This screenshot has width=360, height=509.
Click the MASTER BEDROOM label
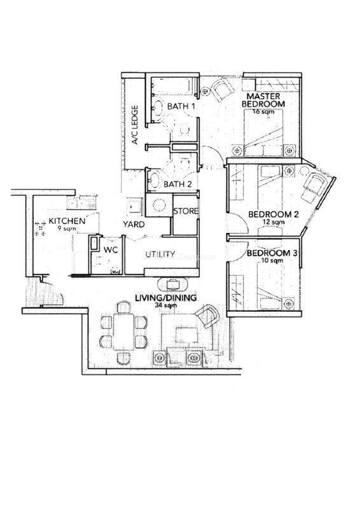(263, 101)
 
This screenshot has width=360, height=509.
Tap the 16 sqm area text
(263, 112)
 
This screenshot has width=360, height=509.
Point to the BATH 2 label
(178, 185)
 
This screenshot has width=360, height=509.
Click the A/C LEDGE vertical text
(135, 125)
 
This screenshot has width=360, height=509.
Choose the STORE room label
(186, 211)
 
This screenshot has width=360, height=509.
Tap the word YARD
(134, 225)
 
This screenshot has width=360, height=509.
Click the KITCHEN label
(67, 221)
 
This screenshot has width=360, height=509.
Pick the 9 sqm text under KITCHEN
(67, 228)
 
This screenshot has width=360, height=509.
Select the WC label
(111, 250)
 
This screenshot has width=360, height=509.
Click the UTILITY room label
(160, 254)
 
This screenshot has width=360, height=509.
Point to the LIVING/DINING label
(166, 298)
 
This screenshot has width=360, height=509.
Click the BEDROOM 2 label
(273, 214)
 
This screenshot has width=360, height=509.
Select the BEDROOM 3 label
(272, 253)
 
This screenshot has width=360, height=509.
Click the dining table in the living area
(123, 331)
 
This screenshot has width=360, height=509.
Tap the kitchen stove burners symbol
(40, 228)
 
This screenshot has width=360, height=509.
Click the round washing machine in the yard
(159, 205)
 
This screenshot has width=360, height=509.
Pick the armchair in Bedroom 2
(313, 185)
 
